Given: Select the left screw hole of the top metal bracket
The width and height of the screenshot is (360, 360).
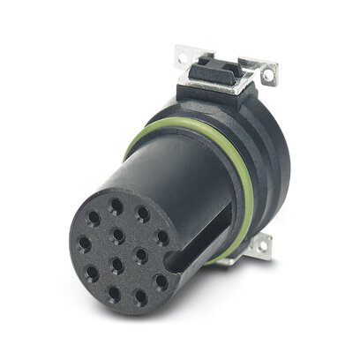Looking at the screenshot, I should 183,59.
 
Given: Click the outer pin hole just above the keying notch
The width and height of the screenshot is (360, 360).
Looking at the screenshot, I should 162,236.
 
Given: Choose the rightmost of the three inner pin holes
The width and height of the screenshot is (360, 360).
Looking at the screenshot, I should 140,255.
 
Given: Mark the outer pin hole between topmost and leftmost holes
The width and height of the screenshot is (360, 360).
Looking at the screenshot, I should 94,217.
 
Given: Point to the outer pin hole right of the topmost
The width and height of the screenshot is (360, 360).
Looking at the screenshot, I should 143,214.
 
